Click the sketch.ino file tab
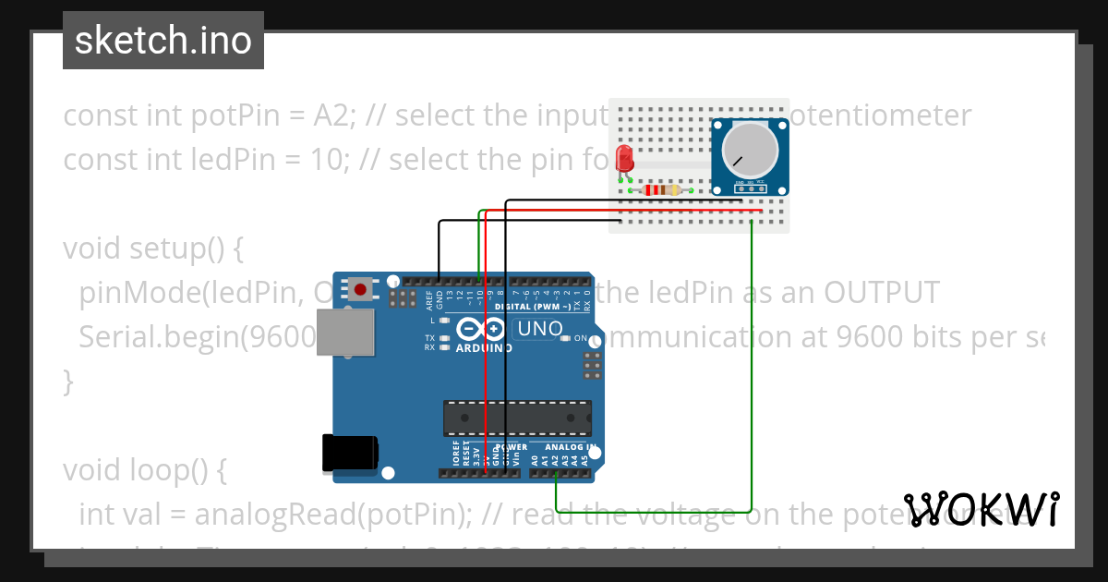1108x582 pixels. click(163, 41)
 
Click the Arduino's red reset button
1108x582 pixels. click(360, 290)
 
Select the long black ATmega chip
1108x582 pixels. click(516, 418)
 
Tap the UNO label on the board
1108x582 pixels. click(539, 329)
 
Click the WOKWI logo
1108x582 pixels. click(981, 509)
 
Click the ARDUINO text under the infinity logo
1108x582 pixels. click(484, 348)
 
